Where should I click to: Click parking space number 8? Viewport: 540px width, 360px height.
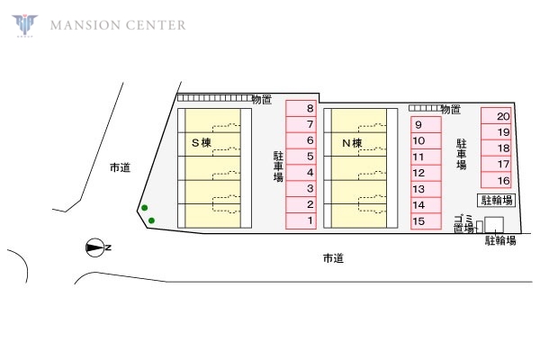(x=301, y=109)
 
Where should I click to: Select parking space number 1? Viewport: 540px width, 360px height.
(x=301, y=220)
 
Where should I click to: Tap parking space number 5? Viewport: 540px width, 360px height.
(x=301, y=157)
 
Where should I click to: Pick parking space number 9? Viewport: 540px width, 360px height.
(x=426, y=125)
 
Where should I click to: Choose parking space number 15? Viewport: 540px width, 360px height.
(x=426, y=221)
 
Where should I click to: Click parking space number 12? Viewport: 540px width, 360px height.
(x=426, y=173)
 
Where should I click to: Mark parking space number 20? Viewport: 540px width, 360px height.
(x=496, y=116)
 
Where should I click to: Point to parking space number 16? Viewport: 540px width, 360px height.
(x=496, y=180)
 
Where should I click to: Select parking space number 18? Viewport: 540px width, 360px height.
(x=496, y=148)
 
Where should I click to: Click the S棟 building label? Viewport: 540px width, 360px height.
(x=202, y=142)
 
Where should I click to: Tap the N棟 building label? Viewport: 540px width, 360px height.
(x=352, y=142)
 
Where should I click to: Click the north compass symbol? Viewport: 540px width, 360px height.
(x=95, y=247)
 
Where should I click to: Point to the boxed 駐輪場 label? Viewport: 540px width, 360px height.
(x=496, y=200)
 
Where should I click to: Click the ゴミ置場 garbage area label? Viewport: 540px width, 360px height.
(x=463, y=224)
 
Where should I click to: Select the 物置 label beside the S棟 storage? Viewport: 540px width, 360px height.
(x=262, y=100)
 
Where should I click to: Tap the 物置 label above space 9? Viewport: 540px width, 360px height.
(x=451, y=109)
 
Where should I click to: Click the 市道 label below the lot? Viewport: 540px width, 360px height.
(x=333, y=258)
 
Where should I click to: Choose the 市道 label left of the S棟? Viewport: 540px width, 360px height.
(x=121, y=167)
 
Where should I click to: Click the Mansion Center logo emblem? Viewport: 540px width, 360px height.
(x=25, y=25)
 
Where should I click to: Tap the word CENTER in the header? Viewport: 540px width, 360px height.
(x=156, y=25)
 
